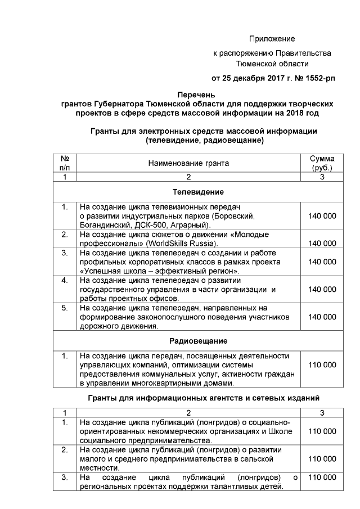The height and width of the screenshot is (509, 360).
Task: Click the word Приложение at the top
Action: pos(272,39)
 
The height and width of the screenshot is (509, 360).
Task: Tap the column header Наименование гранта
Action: pos(188,163)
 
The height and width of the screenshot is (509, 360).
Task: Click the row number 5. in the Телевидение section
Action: pos(65,308)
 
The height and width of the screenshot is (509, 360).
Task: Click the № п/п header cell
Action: pos(65,163)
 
